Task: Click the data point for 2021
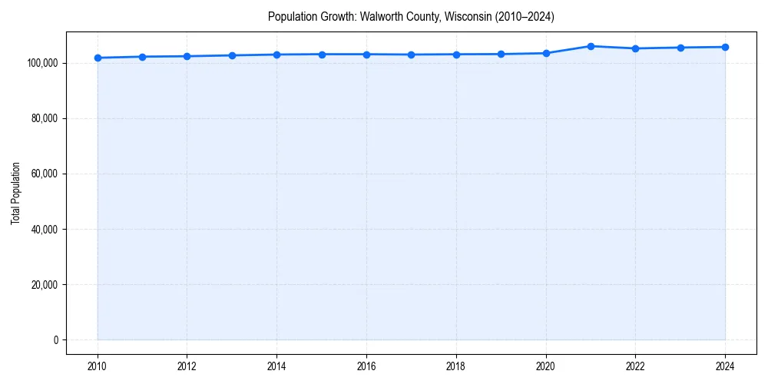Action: [591, 46]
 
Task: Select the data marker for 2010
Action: [98, 58]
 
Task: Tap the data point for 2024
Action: [725, 47]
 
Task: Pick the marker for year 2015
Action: [322, 54]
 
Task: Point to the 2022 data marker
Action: [635, 48]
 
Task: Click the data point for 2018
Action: [456, 54]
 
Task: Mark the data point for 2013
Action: [232, 55]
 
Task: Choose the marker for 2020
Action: [546, 53]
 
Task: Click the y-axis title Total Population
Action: [15, 193]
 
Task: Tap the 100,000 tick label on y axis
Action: [40, 63]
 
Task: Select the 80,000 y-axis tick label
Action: [42, 118]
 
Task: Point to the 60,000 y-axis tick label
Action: [42, 174]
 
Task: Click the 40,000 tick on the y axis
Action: [42, 229]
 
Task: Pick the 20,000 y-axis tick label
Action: [42, 284]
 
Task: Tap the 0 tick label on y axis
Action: [55, 339]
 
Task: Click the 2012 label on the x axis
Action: [187, 366]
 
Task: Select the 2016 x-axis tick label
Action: [366, 366]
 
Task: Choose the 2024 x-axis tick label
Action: [725, 366]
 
